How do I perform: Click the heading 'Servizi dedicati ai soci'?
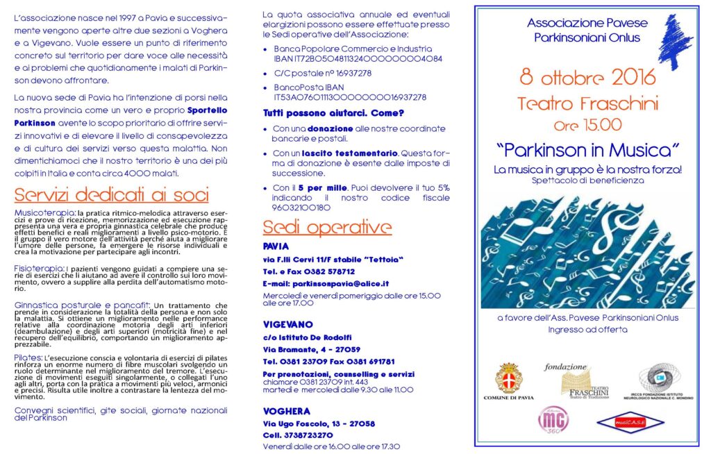pyautogui.click(x=112, y=194)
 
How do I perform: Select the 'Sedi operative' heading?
pyautogui.click(x=327, y=228)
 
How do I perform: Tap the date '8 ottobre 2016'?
pyautogui.click(x=587, y=78)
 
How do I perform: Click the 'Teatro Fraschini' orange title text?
pyautogui.click(x=587, y=103)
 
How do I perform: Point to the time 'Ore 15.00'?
pyautogui.click(x=587, y=126)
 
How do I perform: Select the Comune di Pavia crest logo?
pyautogui.click(x=508, y=379)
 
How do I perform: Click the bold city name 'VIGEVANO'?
pyautogui.click(x=288, y=324)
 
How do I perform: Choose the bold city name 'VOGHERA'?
pyautogui.click(x=287, y=411)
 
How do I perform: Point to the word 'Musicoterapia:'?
pyautogui.click(x=45, y=212)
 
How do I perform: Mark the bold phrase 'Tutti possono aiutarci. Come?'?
pyautogui.click(x=333, y=112)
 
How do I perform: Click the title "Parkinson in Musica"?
pyautogui.click(x=587, y=149)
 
